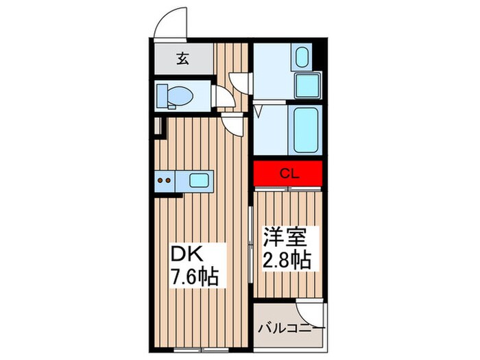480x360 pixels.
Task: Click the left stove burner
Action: click(x=162, y=182)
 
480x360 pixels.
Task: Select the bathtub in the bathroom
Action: click(x=302, y=130)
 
